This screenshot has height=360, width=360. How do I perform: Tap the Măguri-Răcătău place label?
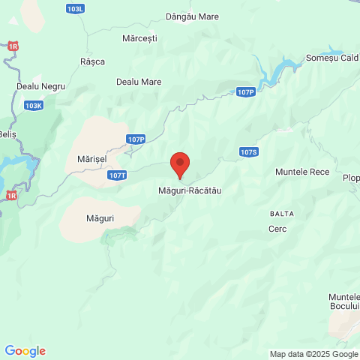190,190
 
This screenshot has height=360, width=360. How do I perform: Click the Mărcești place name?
139,37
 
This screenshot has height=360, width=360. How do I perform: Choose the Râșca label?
92,61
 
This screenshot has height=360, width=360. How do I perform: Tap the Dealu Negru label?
40,86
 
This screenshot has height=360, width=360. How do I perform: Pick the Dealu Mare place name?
139,82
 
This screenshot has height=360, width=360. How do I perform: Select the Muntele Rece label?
302,172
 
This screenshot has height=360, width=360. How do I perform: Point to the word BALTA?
282,214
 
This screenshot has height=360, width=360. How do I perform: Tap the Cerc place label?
277,229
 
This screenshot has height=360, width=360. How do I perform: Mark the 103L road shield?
75,9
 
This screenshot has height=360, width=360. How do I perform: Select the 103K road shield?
34,106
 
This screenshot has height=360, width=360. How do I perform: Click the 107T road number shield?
117,175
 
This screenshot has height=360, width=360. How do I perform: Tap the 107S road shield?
249,151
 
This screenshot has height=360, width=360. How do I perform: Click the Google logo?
25,351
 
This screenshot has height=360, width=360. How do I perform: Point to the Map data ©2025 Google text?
314,354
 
